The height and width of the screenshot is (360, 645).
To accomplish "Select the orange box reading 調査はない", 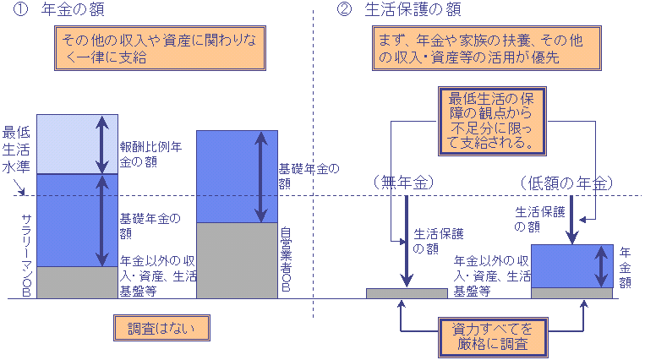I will tap(160, 328).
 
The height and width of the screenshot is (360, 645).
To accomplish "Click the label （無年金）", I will tap(406, 183).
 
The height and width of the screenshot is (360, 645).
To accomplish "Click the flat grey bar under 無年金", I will tap(407, 293).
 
